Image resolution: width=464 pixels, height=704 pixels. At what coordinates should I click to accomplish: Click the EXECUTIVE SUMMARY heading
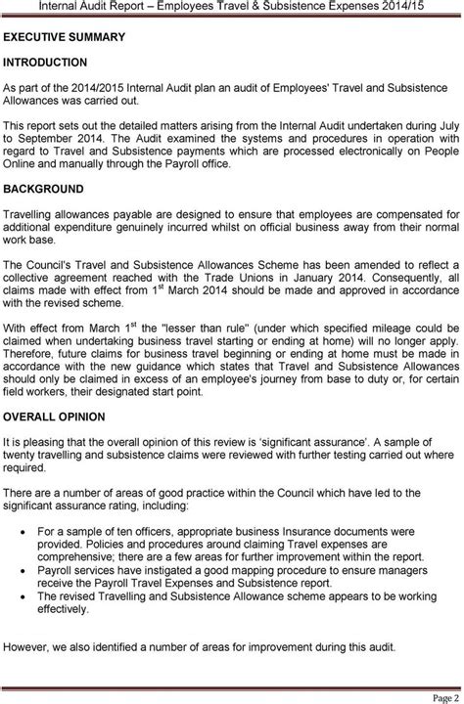(x=65, y=38)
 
